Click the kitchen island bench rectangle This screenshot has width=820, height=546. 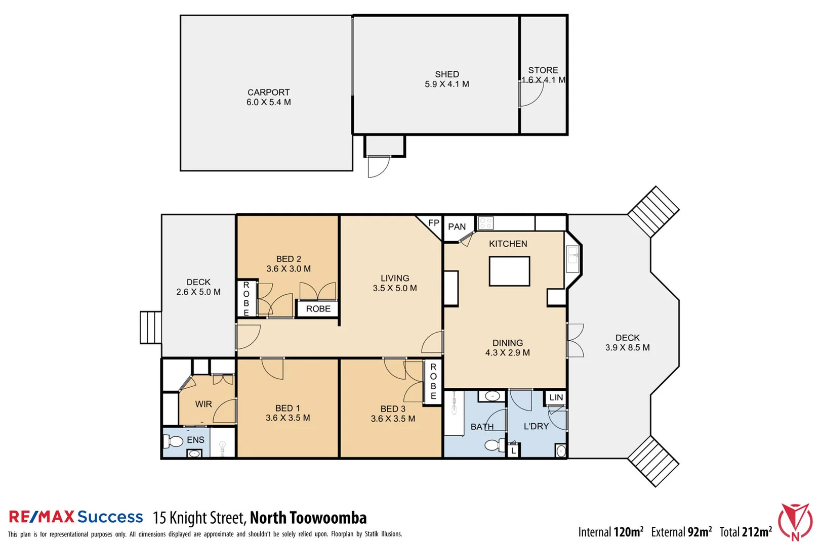click(x=509, y=271)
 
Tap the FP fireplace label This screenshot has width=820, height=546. click(x=434, y=223)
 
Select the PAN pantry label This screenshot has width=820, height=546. click(x=457, y=227)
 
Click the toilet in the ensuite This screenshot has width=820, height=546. click(x=173, y=441)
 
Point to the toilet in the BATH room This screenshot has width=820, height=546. click(x=493, y=445)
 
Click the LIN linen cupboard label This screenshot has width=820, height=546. click(x=556, y=397)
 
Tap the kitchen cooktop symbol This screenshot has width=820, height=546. click(x=485, y=223)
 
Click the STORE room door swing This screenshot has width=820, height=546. click(x=530, y=95)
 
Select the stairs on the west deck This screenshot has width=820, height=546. click(x=150, y=328)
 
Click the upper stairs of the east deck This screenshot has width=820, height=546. click(x=653, y=211)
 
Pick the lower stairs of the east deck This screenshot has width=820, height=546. click(x=653, y=462)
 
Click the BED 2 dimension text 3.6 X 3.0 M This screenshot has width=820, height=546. click(x=289, y=269)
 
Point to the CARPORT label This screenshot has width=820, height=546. click(x=268, y=93)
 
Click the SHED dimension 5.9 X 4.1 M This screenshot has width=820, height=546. click(x=446, y=84)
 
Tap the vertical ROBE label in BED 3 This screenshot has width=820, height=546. click(x=433, y=382)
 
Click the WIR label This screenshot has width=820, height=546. click(x=203, y=404)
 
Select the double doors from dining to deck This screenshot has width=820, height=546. click(x=575, y=340)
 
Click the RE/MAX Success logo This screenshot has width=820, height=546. click(x=76, y=517)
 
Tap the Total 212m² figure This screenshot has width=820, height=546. click(x=746, y=532)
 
